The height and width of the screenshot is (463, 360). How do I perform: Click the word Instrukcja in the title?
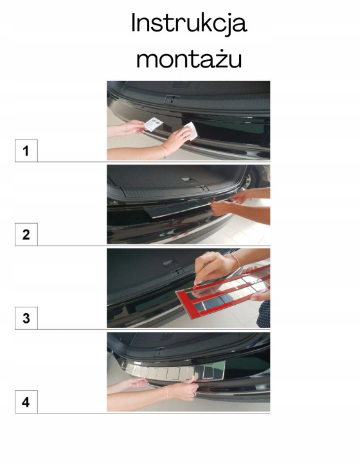189,24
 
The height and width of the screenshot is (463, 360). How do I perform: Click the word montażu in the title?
189,59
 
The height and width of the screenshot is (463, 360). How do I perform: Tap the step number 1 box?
26,150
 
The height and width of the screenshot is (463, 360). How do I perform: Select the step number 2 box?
26,235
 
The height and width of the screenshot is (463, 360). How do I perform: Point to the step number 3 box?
26,318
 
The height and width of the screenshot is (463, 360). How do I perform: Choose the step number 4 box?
26,402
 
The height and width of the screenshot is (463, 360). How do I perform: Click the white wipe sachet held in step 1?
154,124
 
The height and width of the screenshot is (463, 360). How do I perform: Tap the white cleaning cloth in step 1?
190,131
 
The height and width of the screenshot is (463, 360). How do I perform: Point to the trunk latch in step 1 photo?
172,98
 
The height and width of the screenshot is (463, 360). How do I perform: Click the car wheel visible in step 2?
250,179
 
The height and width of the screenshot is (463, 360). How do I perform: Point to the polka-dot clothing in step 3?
264,314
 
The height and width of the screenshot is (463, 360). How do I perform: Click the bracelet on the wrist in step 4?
166,392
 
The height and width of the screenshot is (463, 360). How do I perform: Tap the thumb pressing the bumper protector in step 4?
192,380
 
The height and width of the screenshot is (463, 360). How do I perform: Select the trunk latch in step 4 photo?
160,351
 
